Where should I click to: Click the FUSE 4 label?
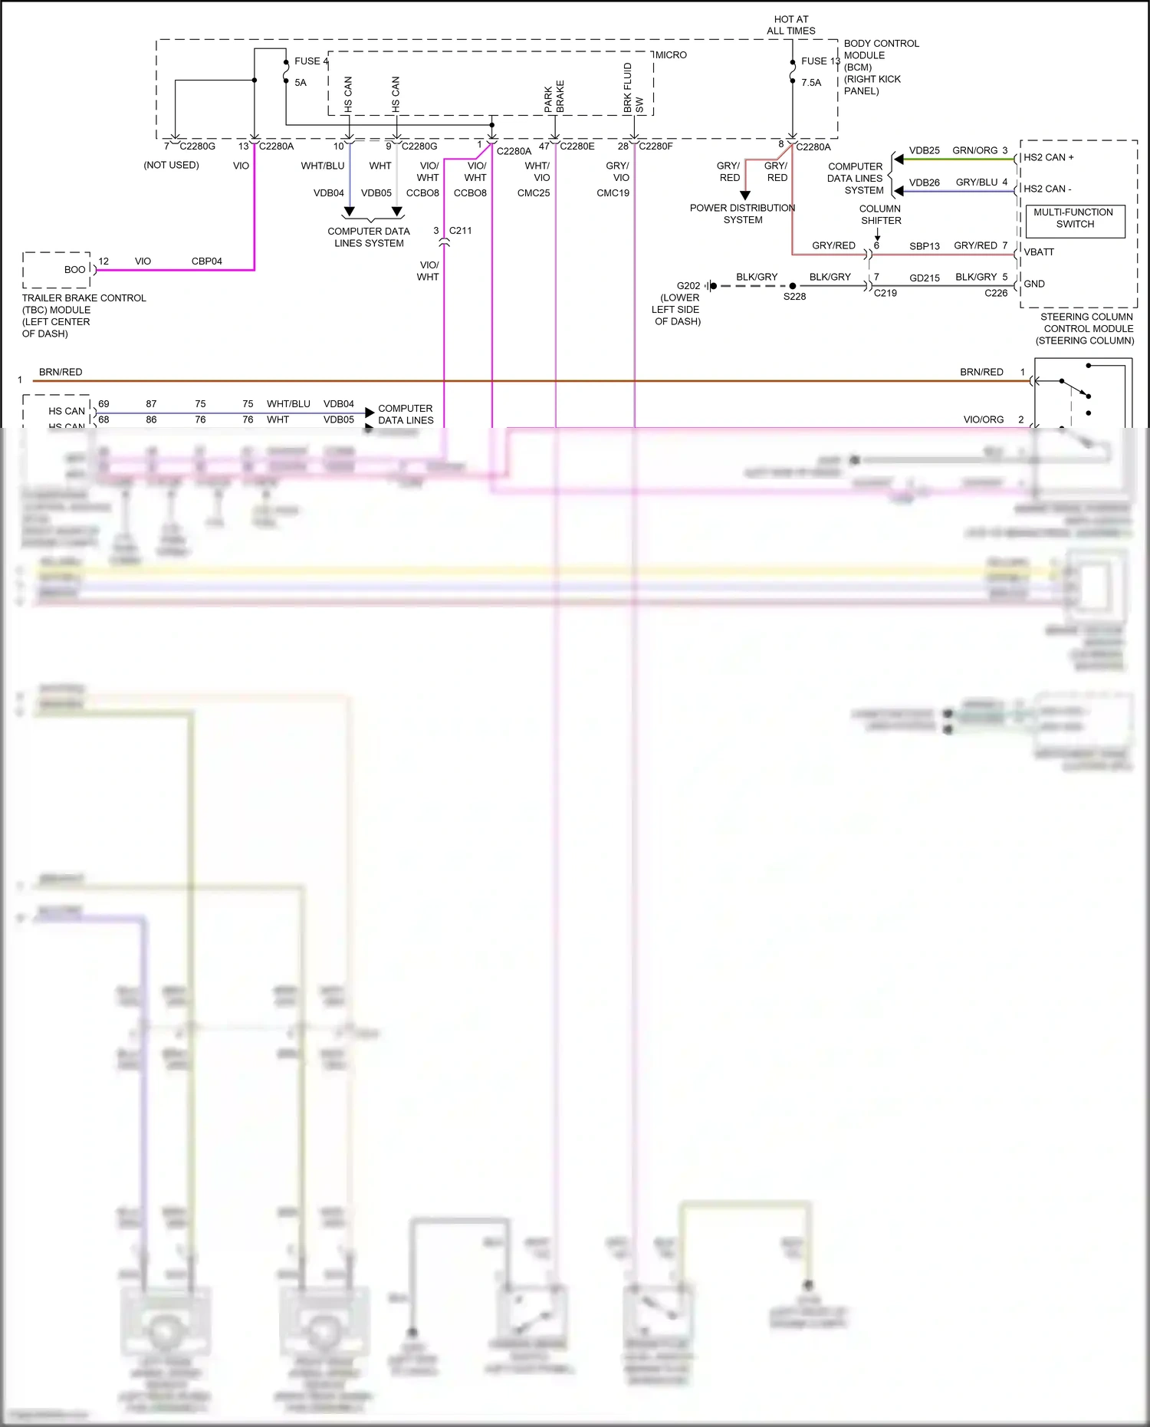point(310,61)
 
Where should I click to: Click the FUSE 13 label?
point(820,61)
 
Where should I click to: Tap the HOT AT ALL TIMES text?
point(790,25)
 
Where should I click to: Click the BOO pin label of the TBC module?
point(74,270)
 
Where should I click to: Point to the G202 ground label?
point(688,286)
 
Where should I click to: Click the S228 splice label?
point(794,297)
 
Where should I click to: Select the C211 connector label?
point(460,231)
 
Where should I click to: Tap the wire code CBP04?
point(206,261)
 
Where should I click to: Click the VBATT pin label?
point(1039,252)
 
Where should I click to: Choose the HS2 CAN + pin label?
point(1048,157)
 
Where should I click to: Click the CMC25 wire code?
point(534,193)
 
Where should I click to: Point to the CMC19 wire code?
point(613,193)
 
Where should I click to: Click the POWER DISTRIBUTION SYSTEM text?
point(742,214)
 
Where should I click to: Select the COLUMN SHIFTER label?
point(880,215)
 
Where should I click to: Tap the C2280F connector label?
point(655,146)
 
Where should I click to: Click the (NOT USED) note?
point(171,166)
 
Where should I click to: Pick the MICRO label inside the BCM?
point(671,55)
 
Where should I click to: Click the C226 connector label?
point(996,293)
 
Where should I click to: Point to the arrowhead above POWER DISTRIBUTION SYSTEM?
point(744,196)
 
